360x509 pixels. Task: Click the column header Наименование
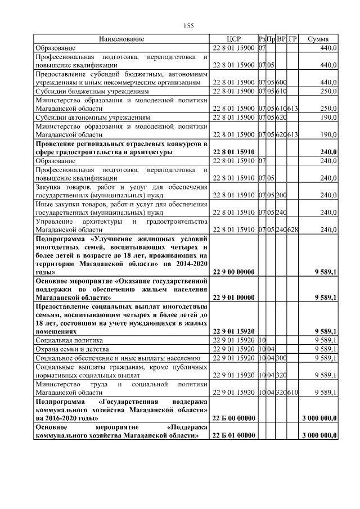click(121, 39)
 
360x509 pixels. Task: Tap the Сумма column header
click(318, 39)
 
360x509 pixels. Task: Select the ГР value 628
click(292, 229)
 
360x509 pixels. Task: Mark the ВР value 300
click(281, 358)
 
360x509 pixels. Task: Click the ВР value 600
click(281, 83)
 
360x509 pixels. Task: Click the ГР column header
click(292, 39)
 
